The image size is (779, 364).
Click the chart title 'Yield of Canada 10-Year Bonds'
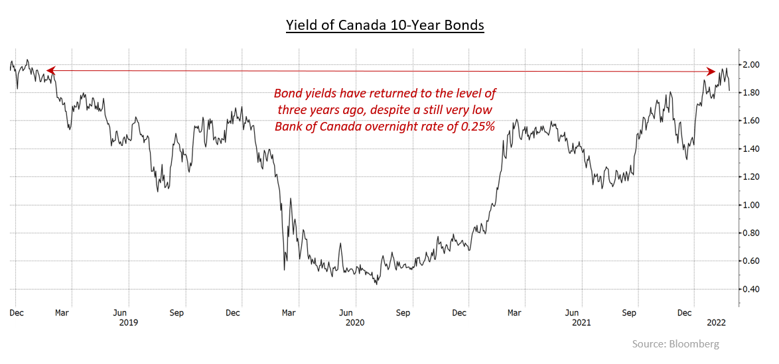pos(385,26)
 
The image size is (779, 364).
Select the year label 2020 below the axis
pos(356,322)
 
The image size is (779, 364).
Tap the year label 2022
pos(717,322)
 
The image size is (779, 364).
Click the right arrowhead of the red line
pos(712,71)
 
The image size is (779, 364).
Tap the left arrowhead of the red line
pos(50,70)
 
